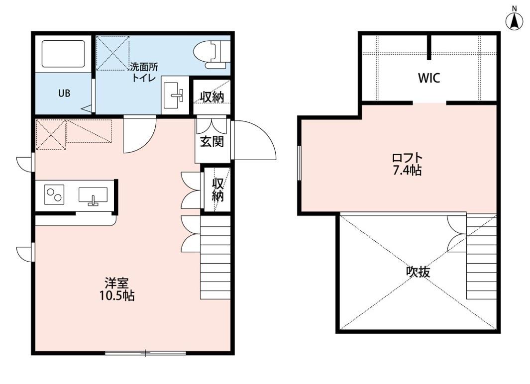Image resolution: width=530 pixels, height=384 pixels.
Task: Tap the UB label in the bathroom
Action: (64, 93)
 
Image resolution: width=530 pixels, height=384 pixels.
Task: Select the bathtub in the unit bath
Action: (63, 54)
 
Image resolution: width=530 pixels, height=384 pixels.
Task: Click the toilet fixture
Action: (212, 54)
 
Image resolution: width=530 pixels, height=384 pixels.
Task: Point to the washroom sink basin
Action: (175, 96)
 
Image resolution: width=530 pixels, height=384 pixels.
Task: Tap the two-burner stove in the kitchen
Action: (54, 195)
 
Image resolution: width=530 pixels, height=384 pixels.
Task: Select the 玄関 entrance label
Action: (212, 141)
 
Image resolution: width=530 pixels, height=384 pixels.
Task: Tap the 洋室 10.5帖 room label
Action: (117, 289)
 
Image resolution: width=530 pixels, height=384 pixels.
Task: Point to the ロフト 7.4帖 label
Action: (407, 164)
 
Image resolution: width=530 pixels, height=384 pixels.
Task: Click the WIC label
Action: (429, 79)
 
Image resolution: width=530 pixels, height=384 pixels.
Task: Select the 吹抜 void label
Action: (418, 272)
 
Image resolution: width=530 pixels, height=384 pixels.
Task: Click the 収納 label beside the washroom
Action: (212, 97)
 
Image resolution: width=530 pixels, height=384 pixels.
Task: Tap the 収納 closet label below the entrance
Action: (217, 190)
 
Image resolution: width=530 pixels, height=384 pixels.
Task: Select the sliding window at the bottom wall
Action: (145, 353)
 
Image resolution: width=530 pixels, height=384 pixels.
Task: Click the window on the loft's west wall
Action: (299, 163)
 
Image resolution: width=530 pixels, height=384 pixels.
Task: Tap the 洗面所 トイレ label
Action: (144, 72)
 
